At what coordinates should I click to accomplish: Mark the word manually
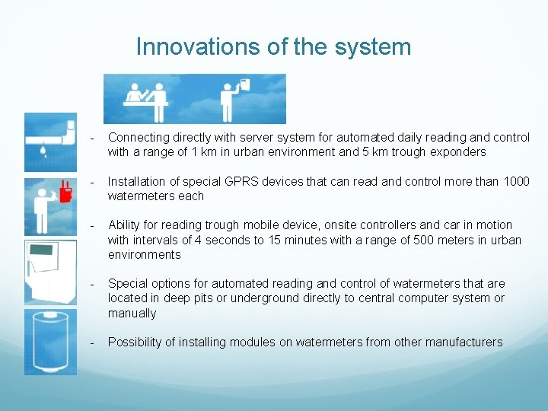tap(132, 314)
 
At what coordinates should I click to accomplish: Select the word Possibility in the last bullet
tap(135, 342)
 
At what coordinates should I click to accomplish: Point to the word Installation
tap(138, 181)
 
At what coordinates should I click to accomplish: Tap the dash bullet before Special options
tap(91, 284)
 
